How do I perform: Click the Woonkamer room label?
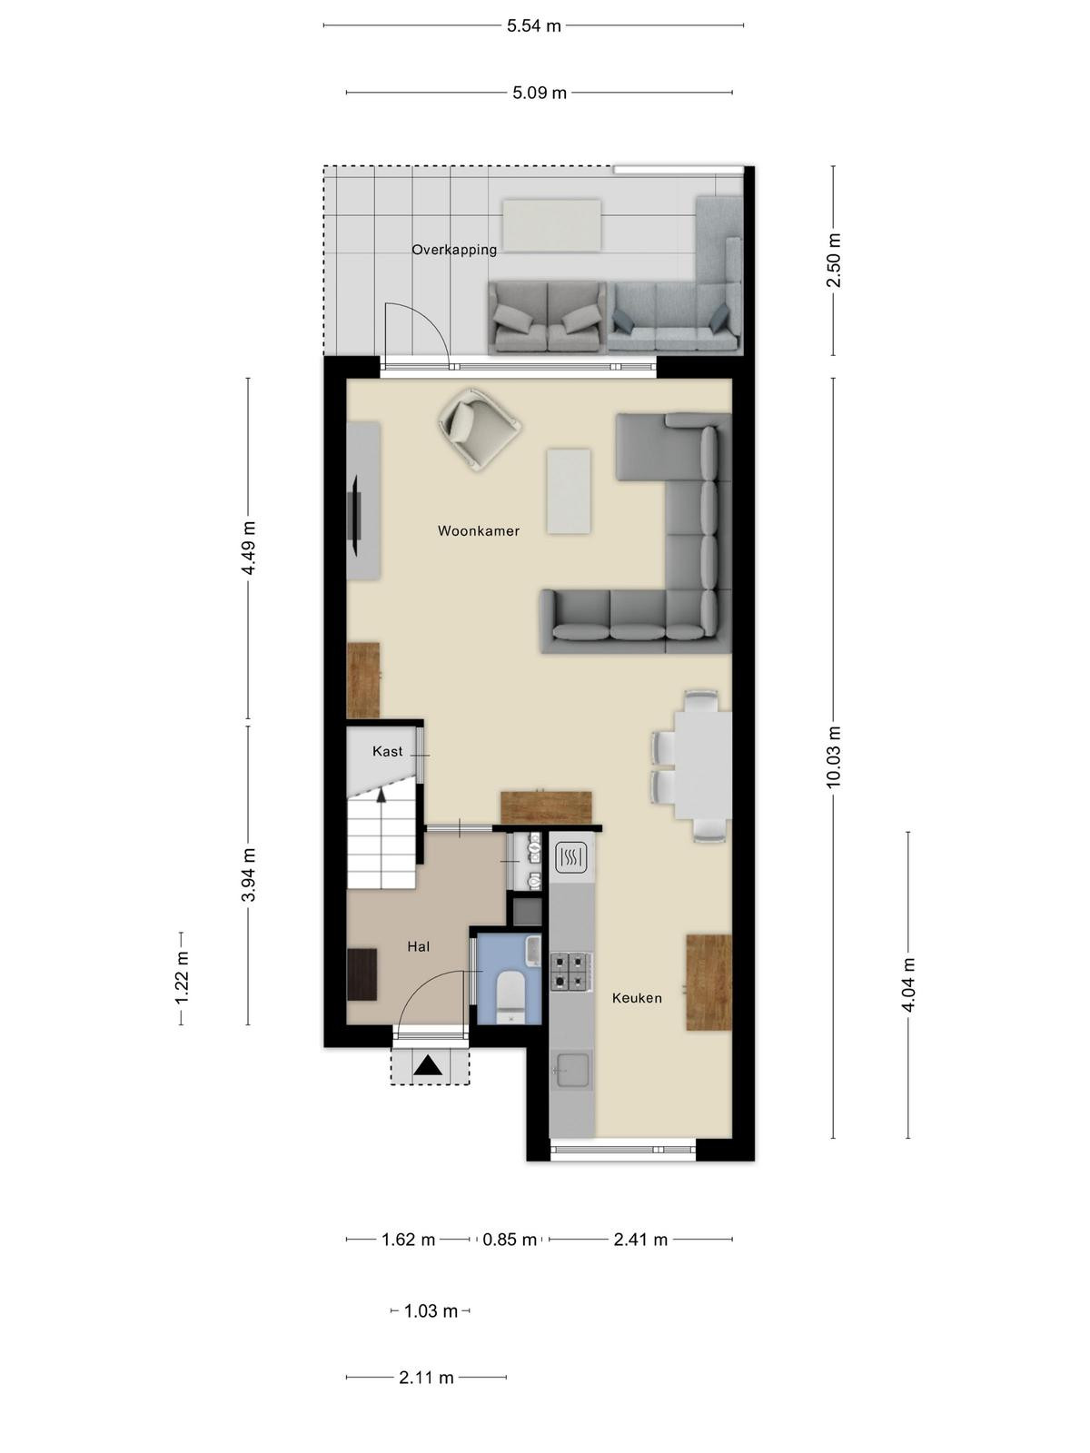tap(478, 531)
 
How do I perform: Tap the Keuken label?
tap(637, 998)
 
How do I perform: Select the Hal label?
tap(418, 946)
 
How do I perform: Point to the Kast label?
tap(387, 751)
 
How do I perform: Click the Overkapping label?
tap(454, 250)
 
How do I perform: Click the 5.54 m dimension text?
tap(533, 25)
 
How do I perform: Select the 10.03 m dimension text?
tap(833, 756)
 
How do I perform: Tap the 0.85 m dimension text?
tap(509, 1240)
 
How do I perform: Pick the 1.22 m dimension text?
tap(182, 978)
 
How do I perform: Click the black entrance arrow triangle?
tap(429, 1065)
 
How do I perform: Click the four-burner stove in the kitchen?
tap(570, 972)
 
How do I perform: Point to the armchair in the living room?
tap(479, 429)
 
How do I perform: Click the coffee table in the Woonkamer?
tap(569, 490)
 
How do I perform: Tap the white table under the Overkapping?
tap(551, 226)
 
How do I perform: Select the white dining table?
tap(703, 765)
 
